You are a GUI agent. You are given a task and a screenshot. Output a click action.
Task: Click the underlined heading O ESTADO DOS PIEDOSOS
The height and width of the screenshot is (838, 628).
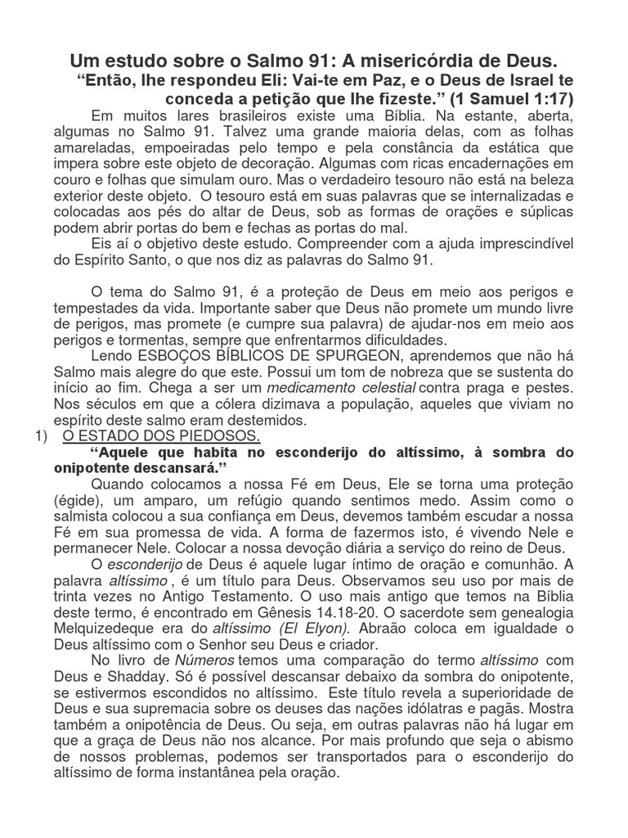[x=161, y=436]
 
